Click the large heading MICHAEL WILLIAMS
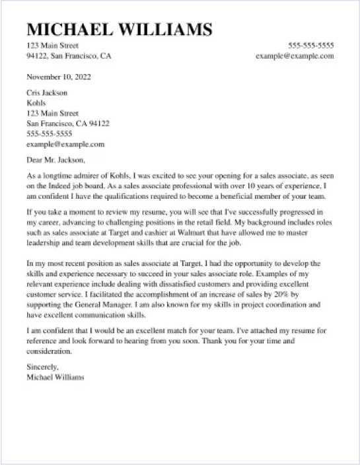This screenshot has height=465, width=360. click(x=120, y=29)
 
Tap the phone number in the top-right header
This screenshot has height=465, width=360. click(x=310, y=46)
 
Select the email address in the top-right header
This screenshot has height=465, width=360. click(x=295, y=56)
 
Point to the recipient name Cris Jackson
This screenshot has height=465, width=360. click(x=42, y=93)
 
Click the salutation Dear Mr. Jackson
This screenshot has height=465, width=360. click(x=55, y=159)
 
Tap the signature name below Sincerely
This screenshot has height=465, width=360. click(x=55, y=377)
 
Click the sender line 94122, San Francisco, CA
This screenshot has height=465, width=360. click(x=69, y=56)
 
